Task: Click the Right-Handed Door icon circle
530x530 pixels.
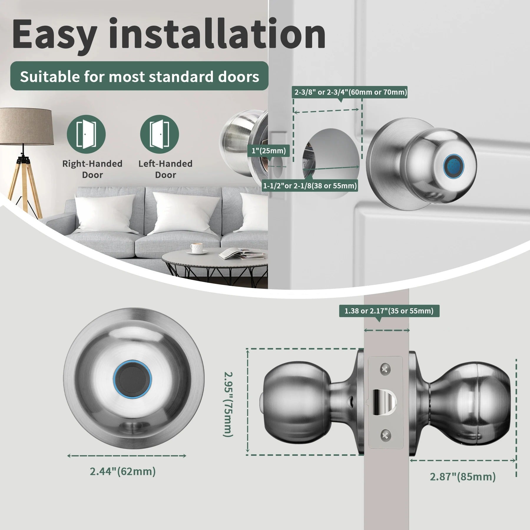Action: tap(86, 134)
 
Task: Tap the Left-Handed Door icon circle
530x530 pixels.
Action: tap(159, 134)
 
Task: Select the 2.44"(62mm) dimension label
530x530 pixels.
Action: tap(123, 471)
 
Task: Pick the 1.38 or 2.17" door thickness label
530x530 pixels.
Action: tap(389, 311)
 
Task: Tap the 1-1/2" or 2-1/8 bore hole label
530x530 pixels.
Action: tap(310, 186)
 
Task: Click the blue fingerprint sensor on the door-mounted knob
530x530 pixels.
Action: tap(453, 164)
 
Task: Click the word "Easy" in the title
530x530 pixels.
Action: tap(54, 34)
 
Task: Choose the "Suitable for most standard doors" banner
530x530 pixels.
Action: tap(139, 76)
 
